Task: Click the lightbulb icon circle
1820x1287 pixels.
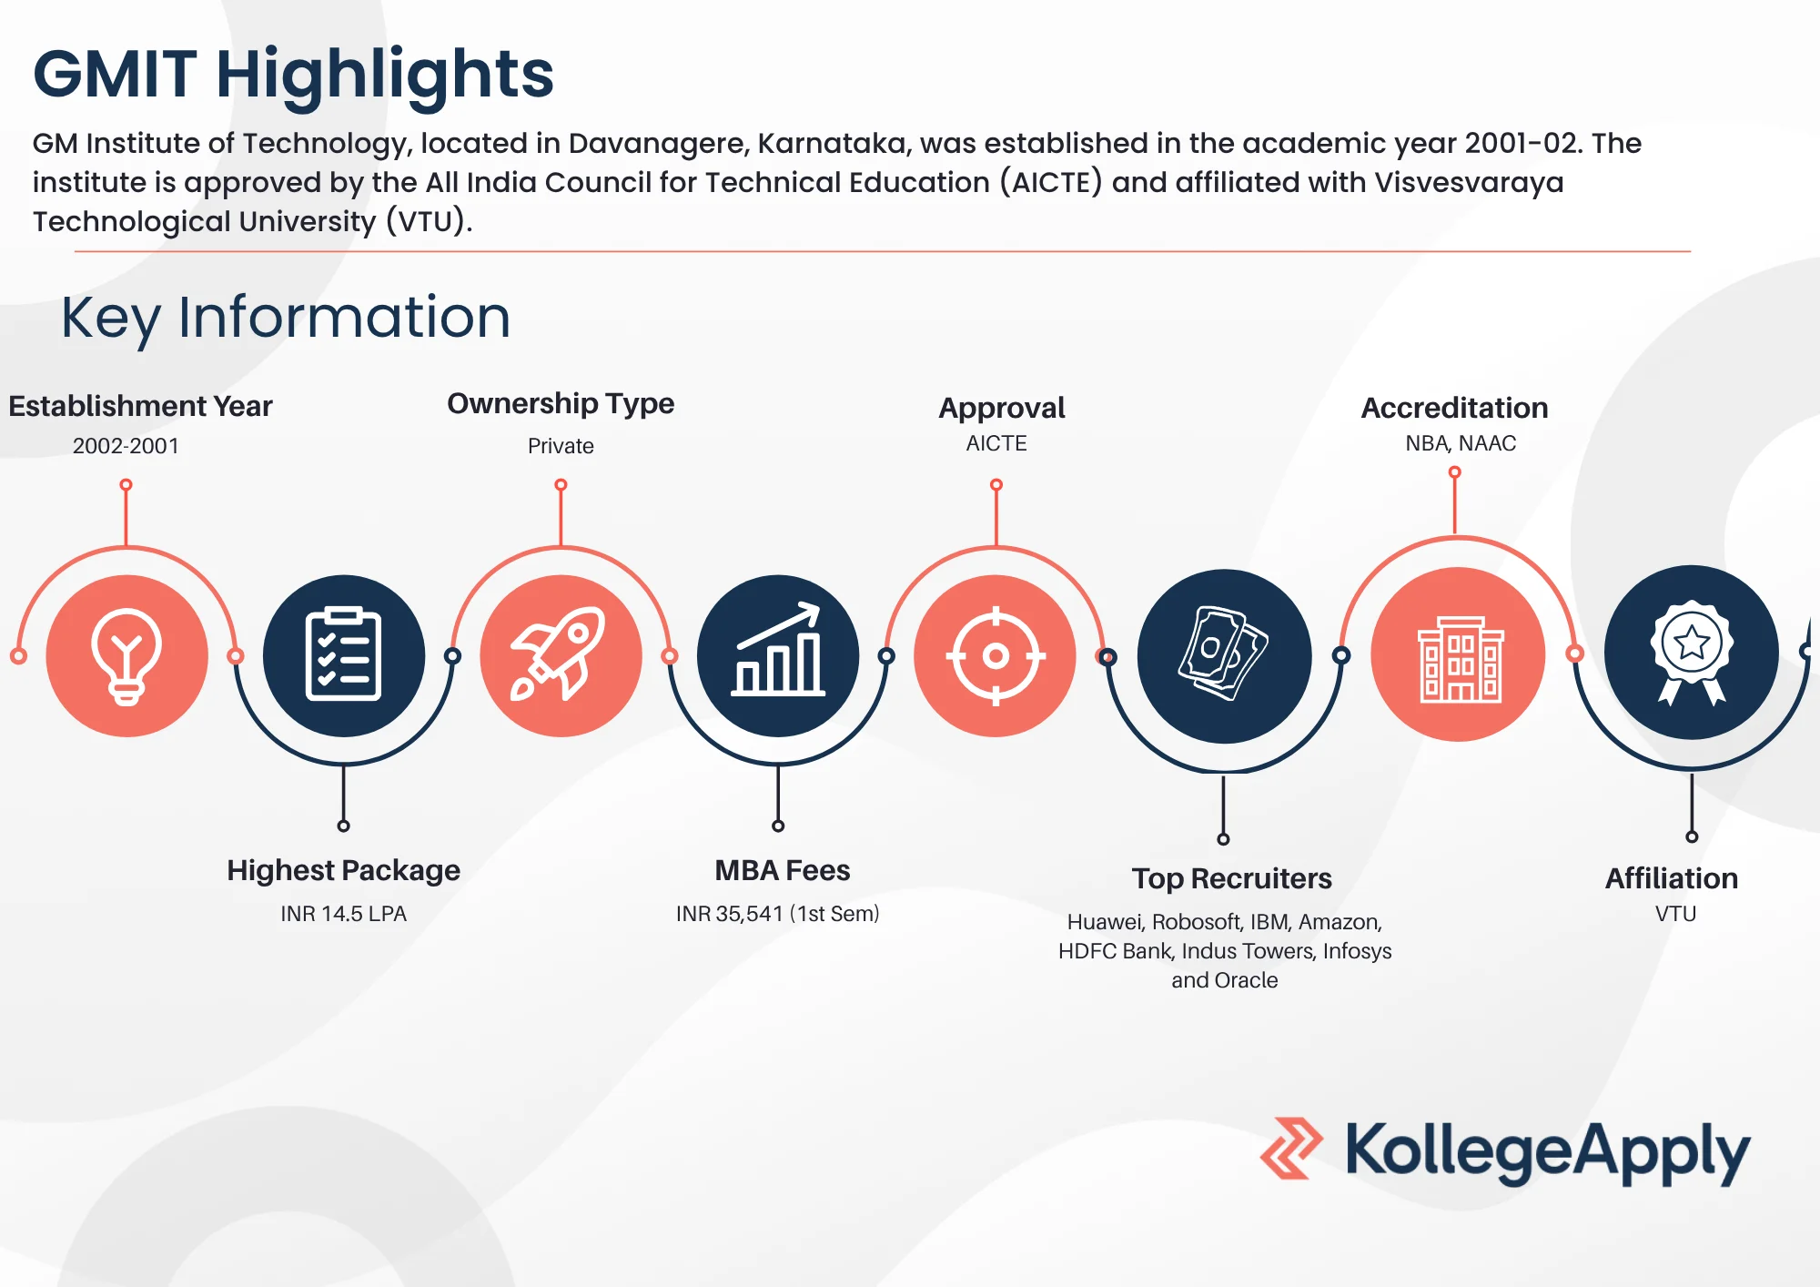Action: pyautogui.click(x=126, y=655)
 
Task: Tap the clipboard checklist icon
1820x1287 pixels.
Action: pyautogui.click(x=343, y=654)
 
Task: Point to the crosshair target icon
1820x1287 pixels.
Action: pyautogui.click(x=996, y=655)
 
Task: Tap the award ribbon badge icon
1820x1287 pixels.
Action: pyautogui.click(x=1692, y=652)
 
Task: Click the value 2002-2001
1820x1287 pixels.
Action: pyautogui.click(x=126, y=446)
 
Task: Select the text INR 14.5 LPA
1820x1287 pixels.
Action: pyautogui.click(x=343, y=914)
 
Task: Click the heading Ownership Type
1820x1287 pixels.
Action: pyautogui.click(x=561, y=404)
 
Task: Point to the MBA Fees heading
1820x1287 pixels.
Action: pyautogui.click(x=783, y=870)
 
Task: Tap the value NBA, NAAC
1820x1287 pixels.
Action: pyautogui.click(x=1461, y=443)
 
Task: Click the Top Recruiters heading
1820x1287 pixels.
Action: pyautogui.click(x=1232, y=878)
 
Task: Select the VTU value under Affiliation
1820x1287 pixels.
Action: pyautogui.click(x=1675, y=914)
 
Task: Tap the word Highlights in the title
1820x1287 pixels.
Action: pyautogui.click(x=385, y=75)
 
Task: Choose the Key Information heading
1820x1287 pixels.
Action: pyautogui.click(x=286, y=318)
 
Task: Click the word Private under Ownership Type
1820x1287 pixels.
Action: pyautogui.click(x=561, y=446)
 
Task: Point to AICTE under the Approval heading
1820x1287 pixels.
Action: pyautogui.click(x=996, y=443)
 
